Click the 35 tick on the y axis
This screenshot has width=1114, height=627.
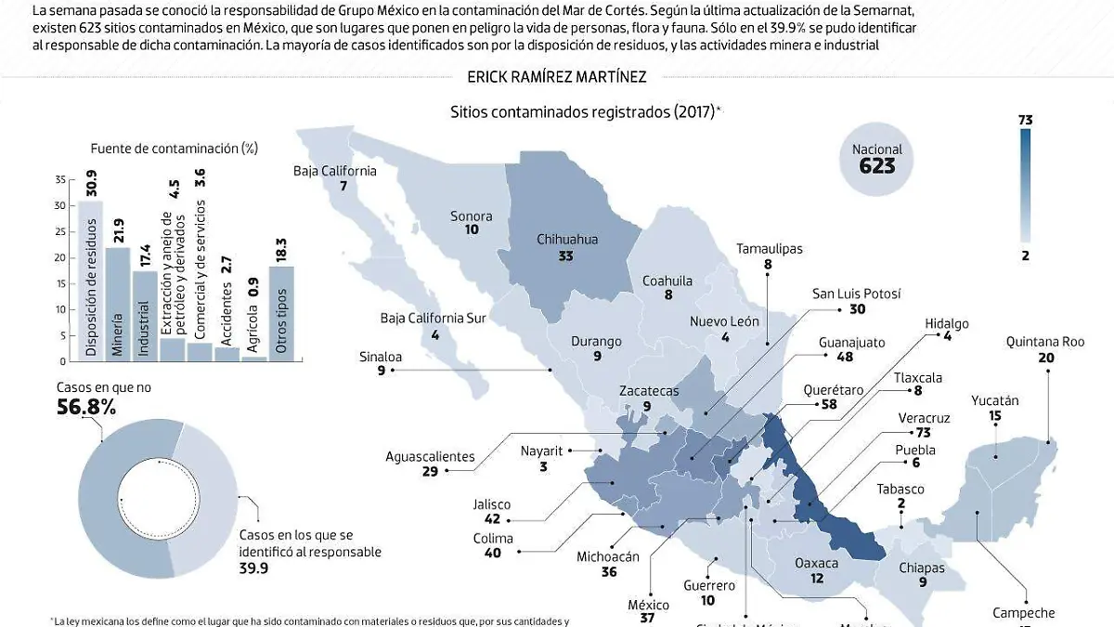click(60, 179)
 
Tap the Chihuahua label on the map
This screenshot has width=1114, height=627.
click(567, 240)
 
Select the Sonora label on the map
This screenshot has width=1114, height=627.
click(472, 216)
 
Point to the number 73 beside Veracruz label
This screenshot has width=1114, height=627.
click(923, 433)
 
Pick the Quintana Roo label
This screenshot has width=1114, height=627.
click(1044, 342)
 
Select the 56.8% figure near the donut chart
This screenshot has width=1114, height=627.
click(85, 407)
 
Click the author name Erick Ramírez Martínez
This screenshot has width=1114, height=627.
click(556, 77)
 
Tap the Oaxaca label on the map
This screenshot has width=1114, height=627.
click(816, 563)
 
